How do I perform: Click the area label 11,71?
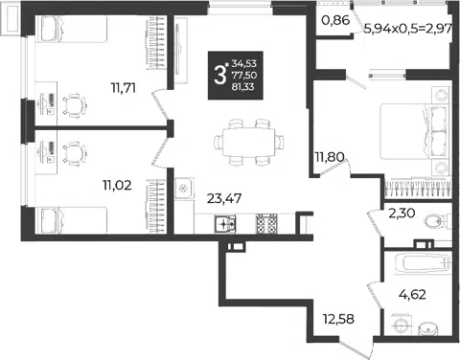tap(124, 88)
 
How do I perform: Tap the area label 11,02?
tap(117, 185)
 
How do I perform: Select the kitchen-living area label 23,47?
tap(224, 198)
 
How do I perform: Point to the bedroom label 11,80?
tap(330, 157)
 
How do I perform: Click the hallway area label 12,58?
tap(338, 319)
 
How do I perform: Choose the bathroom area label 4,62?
tap(412, 294)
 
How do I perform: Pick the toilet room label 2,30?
tap(402, 213)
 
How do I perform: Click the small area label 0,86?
tap(335, 20)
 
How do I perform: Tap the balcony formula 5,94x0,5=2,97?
tap(408, 29)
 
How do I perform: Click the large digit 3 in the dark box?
tap(220, 76)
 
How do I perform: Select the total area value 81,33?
tap(243, 87)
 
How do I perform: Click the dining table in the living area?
tap(249, 142)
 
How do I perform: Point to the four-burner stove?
tap(266, 224)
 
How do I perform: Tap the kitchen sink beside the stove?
tap(225, 224)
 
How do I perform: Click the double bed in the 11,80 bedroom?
tap(415, 131)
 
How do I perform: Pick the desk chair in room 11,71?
tap(75, 104)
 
